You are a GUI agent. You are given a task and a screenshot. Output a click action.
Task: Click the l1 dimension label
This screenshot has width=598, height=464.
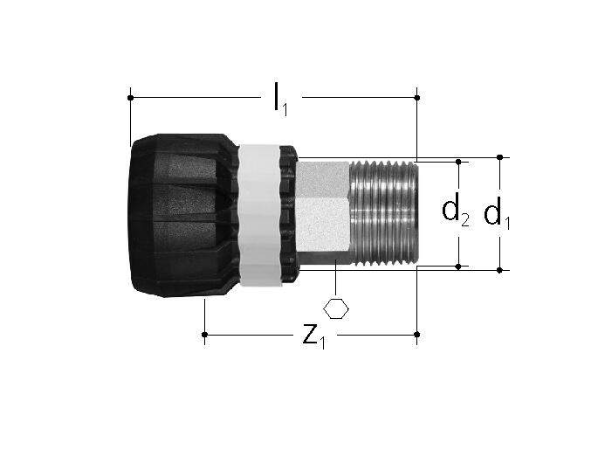tap(280, 100)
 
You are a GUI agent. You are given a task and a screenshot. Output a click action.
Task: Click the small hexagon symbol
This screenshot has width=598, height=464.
tap(336, 308)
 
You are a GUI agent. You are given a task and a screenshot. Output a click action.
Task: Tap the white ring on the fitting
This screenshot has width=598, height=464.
tap(259, 215)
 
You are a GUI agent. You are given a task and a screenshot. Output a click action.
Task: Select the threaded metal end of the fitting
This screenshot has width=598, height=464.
tap(384, 213)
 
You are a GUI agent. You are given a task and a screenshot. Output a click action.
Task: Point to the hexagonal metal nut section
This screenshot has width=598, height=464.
tap(323, 212)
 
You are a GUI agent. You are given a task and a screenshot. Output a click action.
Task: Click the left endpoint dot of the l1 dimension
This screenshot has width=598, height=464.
tap(130, 98)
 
